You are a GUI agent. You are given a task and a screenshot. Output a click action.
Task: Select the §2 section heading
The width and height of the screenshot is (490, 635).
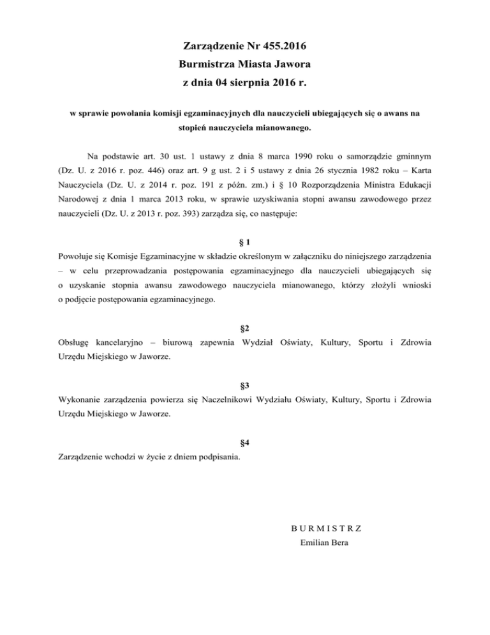tap(244, 328)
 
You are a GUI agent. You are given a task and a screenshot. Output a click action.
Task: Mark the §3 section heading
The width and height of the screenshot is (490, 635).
tap(244, 386)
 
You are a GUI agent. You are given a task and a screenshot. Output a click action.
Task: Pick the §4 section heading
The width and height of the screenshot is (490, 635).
tap(244, 442)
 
